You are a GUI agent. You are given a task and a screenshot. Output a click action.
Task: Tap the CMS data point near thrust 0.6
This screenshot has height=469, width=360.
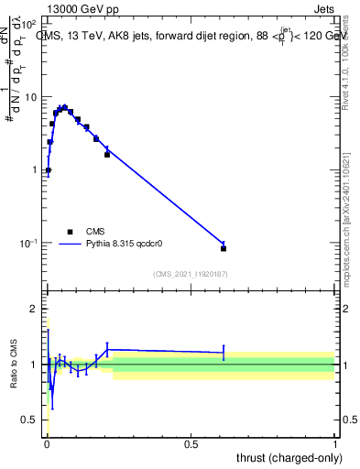[x=224, y=248]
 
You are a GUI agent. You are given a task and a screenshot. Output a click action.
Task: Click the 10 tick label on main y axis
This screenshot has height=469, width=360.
[x=29, y=97]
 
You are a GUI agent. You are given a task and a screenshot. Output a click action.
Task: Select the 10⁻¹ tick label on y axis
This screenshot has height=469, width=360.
[x=27, y=243]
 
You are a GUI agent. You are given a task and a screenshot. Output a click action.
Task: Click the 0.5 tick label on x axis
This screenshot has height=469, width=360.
[x=191, y=443]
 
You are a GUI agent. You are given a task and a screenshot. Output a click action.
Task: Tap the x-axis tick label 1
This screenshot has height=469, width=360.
[x=335, y=443]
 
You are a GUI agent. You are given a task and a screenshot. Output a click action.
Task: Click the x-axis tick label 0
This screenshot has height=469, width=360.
[x=46, y=443]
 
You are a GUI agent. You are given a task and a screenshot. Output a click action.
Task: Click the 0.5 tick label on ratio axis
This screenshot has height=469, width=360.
[x=29, y=420]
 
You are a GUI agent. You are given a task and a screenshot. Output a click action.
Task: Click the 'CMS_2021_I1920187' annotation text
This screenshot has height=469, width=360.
[x=190, y=274]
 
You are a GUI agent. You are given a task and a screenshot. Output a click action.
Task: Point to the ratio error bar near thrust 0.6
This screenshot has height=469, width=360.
[x=224, y=352]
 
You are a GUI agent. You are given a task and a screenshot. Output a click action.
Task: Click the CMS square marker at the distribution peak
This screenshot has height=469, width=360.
[x=64, y=108]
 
